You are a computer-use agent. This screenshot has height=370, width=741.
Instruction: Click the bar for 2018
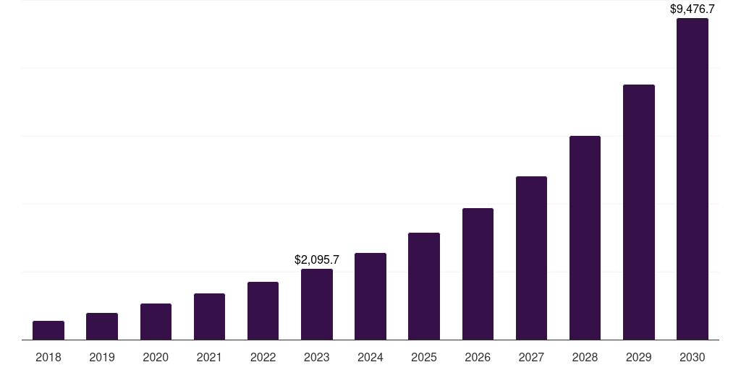coord(48,330)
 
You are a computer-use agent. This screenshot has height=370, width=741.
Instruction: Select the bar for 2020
coord(156,322)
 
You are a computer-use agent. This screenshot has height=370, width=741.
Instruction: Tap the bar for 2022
coord(263,311)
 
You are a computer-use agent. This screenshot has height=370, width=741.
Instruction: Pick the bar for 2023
coord(317,304)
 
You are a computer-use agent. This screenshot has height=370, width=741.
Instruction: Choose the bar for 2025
coord(424,286)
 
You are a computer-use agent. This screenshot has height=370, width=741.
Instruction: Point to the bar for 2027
coord(531,258)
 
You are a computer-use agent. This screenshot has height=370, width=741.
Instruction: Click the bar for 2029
coord(638,212)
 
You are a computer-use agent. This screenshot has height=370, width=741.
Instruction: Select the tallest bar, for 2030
coord(692,179)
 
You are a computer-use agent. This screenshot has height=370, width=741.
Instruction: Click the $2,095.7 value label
coord(317,259)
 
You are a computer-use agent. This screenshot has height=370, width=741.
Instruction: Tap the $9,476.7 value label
coord(693,9)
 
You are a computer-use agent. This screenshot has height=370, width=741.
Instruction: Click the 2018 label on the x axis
coord(48,357)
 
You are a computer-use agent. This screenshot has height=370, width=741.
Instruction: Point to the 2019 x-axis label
coord(102,357)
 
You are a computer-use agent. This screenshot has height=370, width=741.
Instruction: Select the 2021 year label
coord(209,357)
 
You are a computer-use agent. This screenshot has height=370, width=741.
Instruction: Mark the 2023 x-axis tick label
coord(317,357)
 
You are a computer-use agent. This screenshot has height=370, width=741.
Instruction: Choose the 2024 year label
coord(370,357)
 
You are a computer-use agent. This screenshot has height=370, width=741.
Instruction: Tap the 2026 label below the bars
coord(478,357)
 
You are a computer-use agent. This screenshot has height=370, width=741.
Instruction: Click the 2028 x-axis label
coord(585,357)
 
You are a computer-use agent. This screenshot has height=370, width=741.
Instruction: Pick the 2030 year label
coord(692,357)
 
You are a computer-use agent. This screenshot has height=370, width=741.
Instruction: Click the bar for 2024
coord(370,296)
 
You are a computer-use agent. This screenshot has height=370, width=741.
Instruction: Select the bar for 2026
coord(478,274)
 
